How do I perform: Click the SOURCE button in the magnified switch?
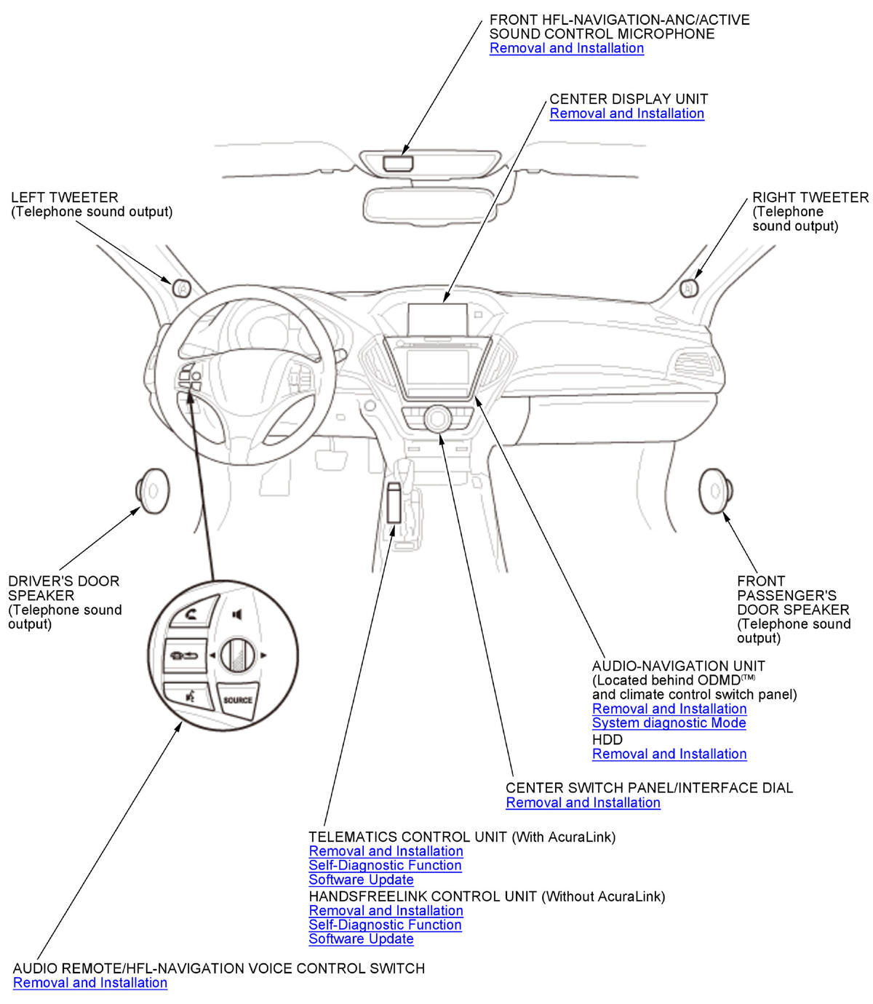click(x=238, y=700)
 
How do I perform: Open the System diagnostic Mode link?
click(x=669, y=723)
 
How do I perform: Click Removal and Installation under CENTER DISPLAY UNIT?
click(x=626, y=113)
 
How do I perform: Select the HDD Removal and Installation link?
click(x=669, y=754)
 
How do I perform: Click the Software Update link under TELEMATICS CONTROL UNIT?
click(x=361, y=880)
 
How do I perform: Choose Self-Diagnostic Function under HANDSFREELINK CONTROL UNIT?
click(x=385, y=925)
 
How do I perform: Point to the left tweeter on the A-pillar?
click(x=182, y=288)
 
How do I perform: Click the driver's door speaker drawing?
click(x=154, y=491)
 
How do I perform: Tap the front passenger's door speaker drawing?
click(x=714, y=491)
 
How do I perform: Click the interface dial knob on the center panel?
click(x=438, y=418)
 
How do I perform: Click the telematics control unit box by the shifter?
click(x=395, y=502)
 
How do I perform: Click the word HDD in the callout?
click(x=607, y=739)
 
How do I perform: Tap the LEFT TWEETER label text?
click(x=64, y=198)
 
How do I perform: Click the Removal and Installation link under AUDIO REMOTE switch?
click(x=90, y=983)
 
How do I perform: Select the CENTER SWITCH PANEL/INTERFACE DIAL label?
click(x=649, y=788)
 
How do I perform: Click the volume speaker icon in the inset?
click(x=236, y=615)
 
